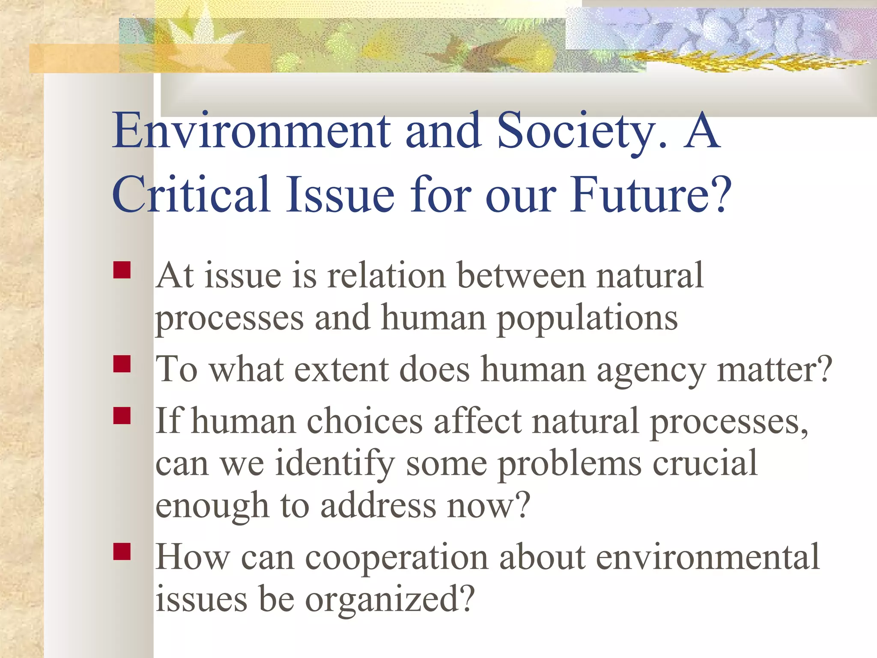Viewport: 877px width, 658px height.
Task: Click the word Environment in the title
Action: click(x=251, y=131)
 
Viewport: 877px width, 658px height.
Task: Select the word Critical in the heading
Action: click(x=191, y=195)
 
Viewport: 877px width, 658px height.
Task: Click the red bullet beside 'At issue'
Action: click(x=122, y=270)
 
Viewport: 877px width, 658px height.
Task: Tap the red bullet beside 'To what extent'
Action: click(x=122, y=364)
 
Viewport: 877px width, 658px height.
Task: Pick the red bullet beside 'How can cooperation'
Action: click(x=122, y=552)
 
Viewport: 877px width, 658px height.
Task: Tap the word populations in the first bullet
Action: click(x=587, y=319)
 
